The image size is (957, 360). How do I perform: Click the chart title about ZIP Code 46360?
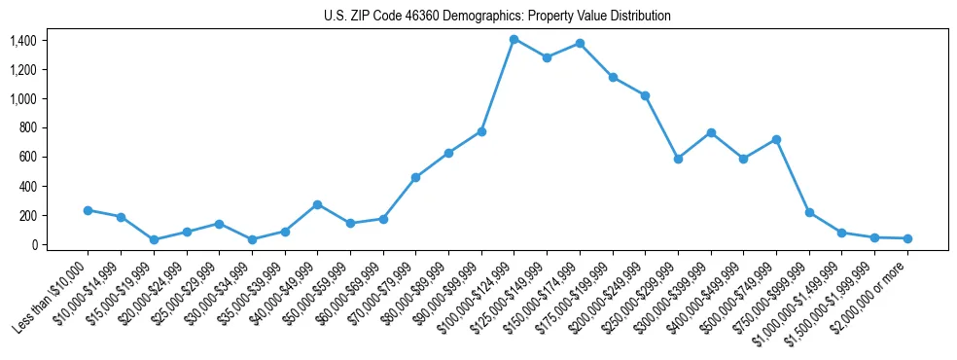[497, 17]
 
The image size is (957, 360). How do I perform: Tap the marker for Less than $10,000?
[88, 210]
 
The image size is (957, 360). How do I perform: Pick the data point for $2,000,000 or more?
[907, 238]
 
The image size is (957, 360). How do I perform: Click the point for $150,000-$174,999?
[580, 43]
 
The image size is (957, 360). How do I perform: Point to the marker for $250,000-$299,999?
[678, 159]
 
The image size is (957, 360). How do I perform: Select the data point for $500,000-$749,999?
[776, 139]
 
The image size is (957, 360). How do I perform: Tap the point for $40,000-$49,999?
[317, 204]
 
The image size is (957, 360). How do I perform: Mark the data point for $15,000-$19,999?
[154, 239]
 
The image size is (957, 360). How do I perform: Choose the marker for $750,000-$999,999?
[809, 212]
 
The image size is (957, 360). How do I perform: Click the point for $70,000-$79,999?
[415, 177]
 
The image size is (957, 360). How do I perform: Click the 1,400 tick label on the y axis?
[22, 41]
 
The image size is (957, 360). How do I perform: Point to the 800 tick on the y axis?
[27, 128]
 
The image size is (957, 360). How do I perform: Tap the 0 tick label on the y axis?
[33, 245]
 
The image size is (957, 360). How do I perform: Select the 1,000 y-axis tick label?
[22, 99]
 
